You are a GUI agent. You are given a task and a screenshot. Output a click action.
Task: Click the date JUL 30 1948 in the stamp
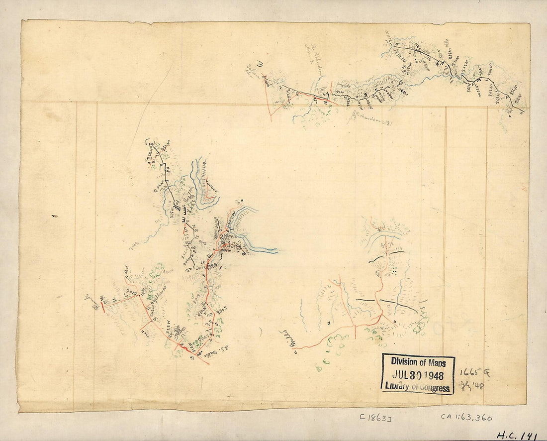tap(418, 375)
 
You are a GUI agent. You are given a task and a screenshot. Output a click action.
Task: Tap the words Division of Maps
tap(418, 363)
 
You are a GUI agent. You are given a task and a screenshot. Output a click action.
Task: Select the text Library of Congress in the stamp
tap(418, 388)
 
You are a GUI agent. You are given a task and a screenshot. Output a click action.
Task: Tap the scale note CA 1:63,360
tap(465, 418)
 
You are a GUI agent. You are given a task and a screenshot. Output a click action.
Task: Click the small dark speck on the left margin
tap(54, 216)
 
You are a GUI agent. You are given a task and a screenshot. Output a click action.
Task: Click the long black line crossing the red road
tap(388, 303)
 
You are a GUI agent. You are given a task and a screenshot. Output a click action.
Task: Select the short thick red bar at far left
tap(103, 306)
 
